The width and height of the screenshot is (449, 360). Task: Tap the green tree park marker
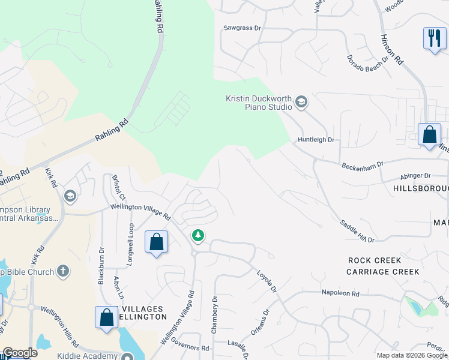pos(198,235)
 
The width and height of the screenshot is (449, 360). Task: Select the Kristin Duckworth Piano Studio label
pos(259,103)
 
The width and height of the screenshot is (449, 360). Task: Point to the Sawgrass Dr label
pos(243,28)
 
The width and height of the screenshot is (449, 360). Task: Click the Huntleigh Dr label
pos(315,140)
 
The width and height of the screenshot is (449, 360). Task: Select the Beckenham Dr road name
pos(362,166)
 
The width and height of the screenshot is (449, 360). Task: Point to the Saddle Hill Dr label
pos(357,231)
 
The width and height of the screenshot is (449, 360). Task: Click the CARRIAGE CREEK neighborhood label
pos(382,272)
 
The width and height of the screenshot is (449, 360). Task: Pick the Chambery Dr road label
pos(214,315)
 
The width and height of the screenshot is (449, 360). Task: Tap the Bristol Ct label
pos(118,188)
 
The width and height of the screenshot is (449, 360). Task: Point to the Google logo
pos(20,353)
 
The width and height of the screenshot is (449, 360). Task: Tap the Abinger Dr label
pos(415,176)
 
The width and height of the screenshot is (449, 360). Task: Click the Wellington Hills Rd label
pos(60,326)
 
